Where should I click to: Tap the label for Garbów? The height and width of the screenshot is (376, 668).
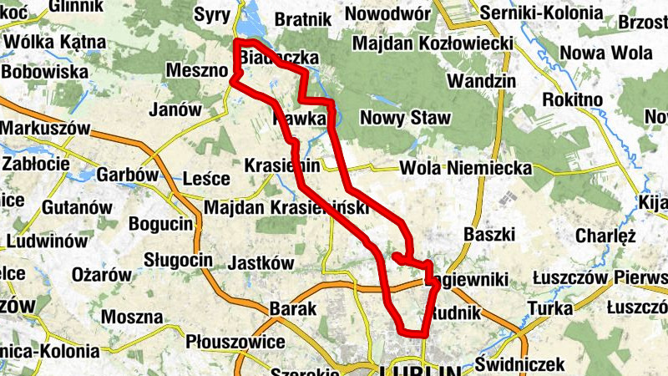(x=127, y=175)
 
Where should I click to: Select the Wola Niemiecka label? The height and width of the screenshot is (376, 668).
(x=466, y=168)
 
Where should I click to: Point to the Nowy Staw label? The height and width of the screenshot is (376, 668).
(x=405, y=118)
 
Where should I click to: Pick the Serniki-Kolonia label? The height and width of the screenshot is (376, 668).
(x=547, y=13)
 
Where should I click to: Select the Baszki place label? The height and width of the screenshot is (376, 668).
(x=485, y=232)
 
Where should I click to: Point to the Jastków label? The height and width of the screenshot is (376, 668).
(x=261, y=262)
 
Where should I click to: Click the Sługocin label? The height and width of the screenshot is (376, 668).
(x=179, y=259)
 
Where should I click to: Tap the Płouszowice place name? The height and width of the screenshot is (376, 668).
(x=235, y=342)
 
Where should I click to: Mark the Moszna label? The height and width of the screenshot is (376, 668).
(x=131, y=317)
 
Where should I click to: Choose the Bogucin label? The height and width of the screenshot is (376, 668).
(x=160, y=225)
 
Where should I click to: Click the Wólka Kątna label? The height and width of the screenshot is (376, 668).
(x=52, y=42)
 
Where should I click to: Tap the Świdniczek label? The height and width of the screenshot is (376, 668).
(x=520, y=364)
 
